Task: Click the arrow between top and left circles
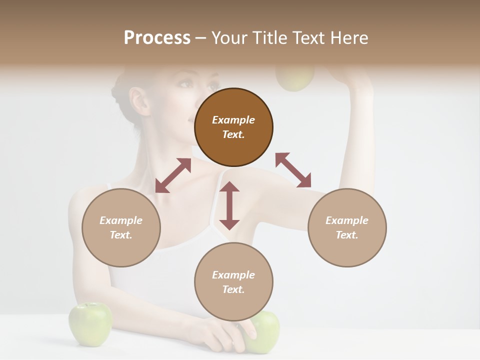173,175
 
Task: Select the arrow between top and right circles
293,170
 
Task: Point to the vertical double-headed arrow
229,205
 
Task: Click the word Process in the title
157,37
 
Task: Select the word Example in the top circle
233,120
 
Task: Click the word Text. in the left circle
121,235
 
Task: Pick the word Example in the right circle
347,220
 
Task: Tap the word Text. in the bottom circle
233,289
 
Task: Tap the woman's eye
186,84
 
